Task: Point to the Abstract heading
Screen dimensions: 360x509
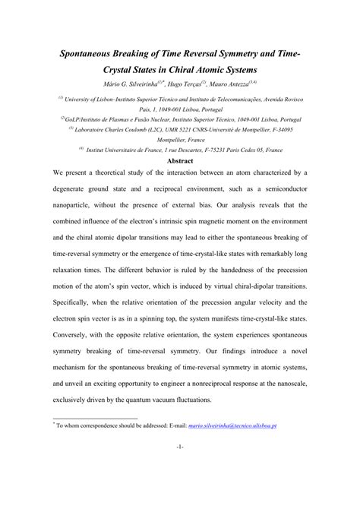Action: (180, 161)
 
